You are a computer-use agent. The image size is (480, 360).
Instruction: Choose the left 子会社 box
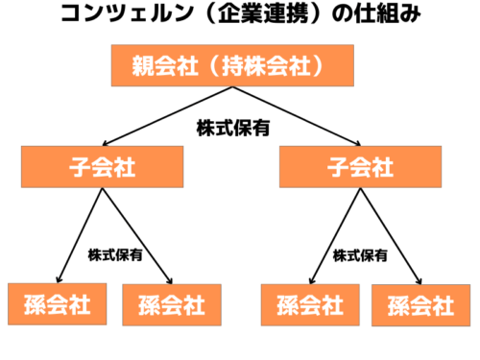tap(102, 167)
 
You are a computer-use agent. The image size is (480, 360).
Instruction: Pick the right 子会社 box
tap(360, 167)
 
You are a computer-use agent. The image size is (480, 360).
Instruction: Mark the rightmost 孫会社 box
tap(420, 306)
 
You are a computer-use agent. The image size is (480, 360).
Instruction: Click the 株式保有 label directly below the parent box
tap(230, 127)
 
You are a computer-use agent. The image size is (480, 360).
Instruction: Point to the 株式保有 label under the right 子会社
tap(361, 255)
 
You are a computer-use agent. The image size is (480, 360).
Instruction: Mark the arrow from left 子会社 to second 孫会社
tap(136, 235)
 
